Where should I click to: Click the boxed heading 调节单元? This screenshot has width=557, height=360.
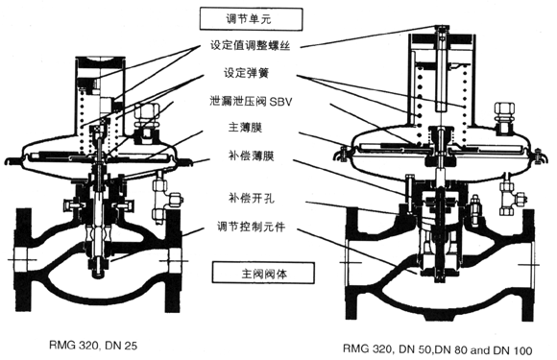[251, 19]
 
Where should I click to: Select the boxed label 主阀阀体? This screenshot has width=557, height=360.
[263, 273]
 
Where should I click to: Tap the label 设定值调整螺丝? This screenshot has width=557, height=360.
[251, 45]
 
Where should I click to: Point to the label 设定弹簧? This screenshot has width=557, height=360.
[246, 73]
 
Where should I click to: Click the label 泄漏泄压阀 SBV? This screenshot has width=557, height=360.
[251, 102]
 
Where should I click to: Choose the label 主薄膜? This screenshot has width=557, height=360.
[245, 127]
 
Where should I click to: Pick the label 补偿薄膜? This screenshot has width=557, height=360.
[251, 156]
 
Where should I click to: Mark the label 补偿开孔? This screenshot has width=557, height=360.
[251, 198]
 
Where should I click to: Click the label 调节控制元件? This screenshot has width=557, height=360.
[251, 227]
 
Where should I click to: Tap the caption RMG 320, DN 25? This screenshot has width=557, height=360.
[93, 345]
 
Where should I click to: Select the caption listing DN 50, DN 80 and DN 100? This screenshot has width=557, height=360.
[438, 349]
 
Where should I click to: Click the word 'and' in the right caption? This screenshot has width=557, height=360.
[480, 350]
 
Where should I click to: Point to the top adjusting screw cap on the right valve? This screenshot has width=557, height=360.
[441, 28]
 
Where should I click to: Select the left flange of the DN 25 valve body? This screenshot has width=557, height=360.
[23, 260]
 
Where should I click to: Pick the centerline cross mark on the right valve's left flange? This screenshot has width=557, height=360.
[351, 263]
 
